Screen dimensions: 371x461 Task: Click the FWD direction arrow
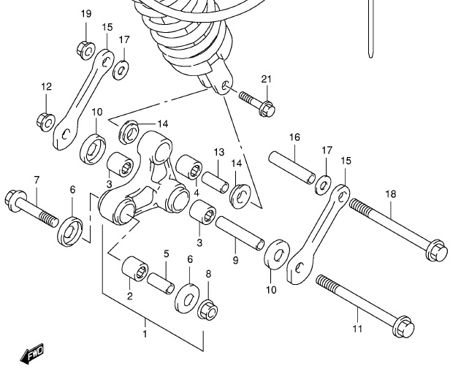pos(33,356)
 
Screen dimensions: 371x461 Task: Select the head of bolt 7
pos(15,197)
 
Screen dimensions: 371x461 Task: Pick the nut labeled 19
pos(85,48)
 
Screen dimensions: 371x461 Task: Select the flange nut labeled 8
pos(207,310)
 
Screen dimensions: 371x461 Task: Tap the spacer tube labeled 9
pos(240,232)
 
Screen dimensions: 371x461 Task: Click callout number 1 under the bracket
pos(145,334)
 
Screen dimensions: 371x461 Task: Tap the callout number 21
pos(266,79)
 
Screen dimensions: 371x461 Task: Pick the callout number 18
pos(391,195)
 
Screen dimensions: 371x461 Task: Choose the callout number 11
pos(357,329)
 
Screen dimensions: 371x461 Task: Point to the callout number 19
pos(86,14)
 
